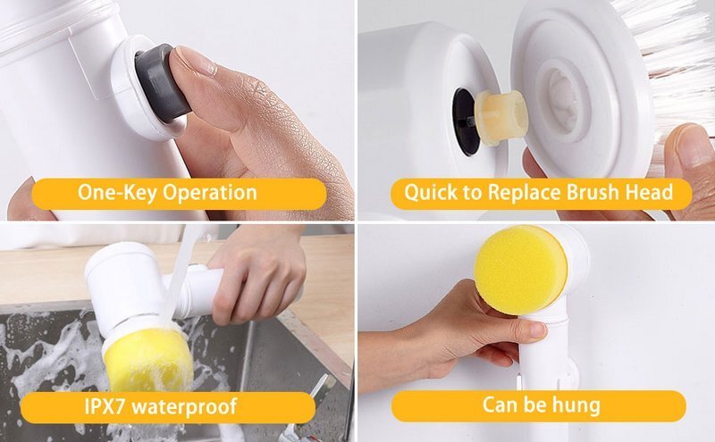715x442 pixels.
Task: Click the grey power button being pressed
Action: click(x=161, y=83)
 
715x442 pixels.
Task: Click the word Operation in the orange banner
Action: click(x=210, y=193)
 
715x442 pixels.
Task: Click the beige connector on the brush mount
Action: click(x=500, y=118)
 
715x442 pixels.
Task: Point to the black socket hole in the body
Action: click(x=464, y=121)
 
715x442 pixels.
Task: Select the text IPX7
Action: click(x=107, y=405)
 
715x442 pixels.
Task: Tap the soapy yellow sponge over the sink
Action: click(x=147, y=359)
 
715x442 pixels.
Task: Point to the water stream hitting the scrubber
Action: click(x=177, y=282)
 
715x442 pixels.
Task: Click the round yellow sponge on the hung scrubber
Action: click(x=521, y=270)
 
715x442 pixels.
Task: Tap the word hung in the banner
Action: click(x=576, y=405)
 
